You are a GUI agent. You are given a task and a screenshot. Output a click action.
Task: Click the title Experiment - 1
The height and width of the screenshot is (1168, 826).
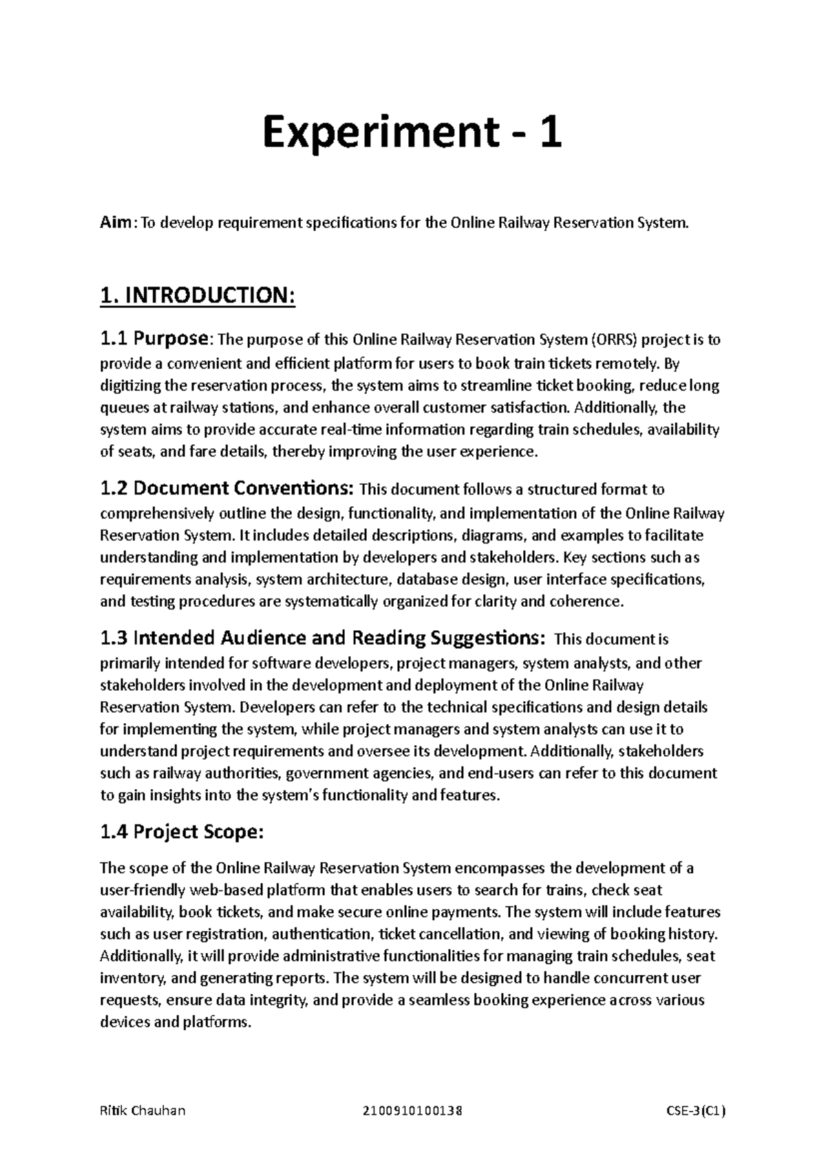pos(412,134)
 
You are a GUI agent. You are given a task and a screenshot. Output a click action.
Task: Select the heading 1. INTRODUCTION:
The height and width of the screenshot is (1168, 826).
pos(198,296)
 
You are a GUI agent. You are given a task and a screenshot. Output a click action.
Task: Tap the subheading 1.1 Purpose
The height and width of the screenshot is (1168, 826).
pos(153,339)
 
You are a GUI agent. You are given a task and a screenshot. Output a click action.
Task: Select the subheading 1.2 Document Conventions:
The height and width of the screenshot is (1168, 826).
pos(227,489)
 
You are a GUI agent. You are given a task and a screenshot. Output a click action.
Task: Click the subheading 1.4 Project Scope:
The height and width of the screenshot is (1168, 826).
pos(181,833)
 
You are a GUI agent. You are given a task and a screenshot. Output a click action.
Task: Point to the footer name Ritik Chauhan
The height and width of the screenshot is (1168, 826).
pos(142,1111)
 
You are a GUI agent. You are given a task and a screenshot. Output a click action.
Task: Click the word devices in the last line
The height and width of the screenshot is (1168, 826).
pos(125,1022)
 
